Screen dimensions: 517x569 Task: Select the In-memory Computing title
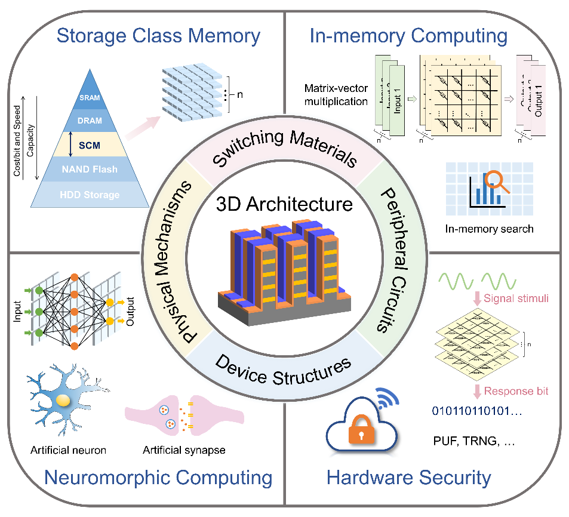pos(408,35)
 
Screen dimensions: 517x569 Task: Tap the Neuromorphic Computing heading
pos(159,478)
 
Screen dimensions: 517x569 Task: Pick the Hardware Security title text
pos(409,478)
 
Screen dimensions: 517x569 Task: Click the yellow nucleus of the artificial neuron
pos(62,401)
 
